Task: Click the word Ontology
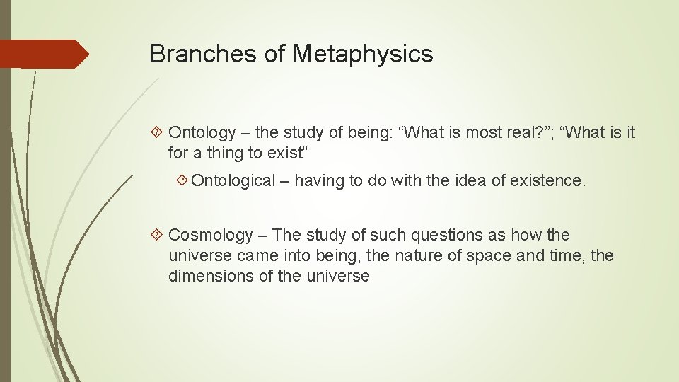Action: tap(202, 132)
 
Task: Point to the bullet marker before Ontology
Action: tap(158, 132)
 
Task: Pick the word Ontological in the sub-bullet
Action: tap(233, 180)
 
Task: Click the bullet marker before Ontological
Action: tap(182, 180)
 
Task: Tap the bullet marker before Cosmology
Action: tap(158, 235)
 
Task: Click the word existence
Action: tap(554, 180)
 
